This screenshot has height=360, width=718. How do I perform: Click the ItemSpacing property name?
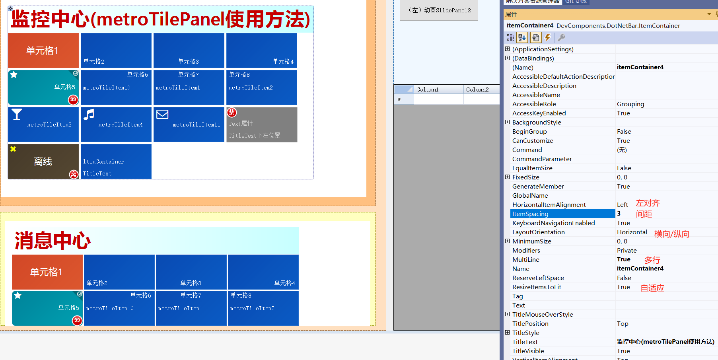[x=530, y=214]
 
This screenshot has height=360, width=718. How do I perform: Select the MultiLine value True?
[x=624, y=259]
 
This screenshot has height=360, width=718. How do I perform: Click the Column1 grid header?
[x=427, y=90]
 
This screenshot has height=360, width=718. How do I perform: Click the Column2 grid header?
[x=477, y=90]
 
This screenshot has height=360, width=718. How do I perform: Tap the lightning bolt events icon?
[x=548, y=37]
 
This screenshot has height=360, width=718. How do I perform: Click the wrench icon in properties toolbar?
[x=561, y=37]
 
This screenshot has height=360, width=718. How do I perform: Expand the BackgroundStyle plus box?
[x=507, y=122]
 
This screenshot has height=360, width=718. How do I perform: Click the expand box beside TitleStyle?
[x=507, y=333]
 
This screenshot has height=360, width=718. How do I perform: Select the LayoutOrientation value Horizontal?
[x=632, y=232]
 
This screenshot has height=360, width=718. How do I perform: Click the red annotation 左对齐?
[x=648, y=203]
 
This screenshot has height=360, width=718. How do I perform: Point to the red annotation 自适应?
[x=652, y=288]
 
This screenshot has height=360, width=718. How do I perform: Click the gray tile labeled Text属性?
[x=262, y=125]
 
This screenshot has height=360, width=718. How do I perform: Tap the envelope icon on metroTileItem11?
[x=162, y=115]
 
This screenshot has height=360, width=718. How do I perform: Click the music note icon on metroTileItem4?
[x=89, y=115]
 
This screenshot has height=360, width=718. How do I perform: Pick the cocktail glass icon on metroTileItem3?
[x=17, y=115]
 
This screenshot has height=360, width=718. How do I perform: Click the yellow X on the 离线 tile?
[x=13, y=149]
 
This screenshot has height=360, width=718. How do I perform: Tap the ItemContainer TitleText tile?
[x=116, y=162]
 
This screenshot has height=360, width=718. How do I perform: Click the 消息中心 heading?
[x=53, y=241]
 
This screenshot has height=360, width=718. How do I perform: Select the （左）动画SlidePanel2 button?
[x=439, y=10]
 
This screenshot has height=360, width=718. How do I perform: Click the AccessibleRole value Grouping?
[x=630, y=104]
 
